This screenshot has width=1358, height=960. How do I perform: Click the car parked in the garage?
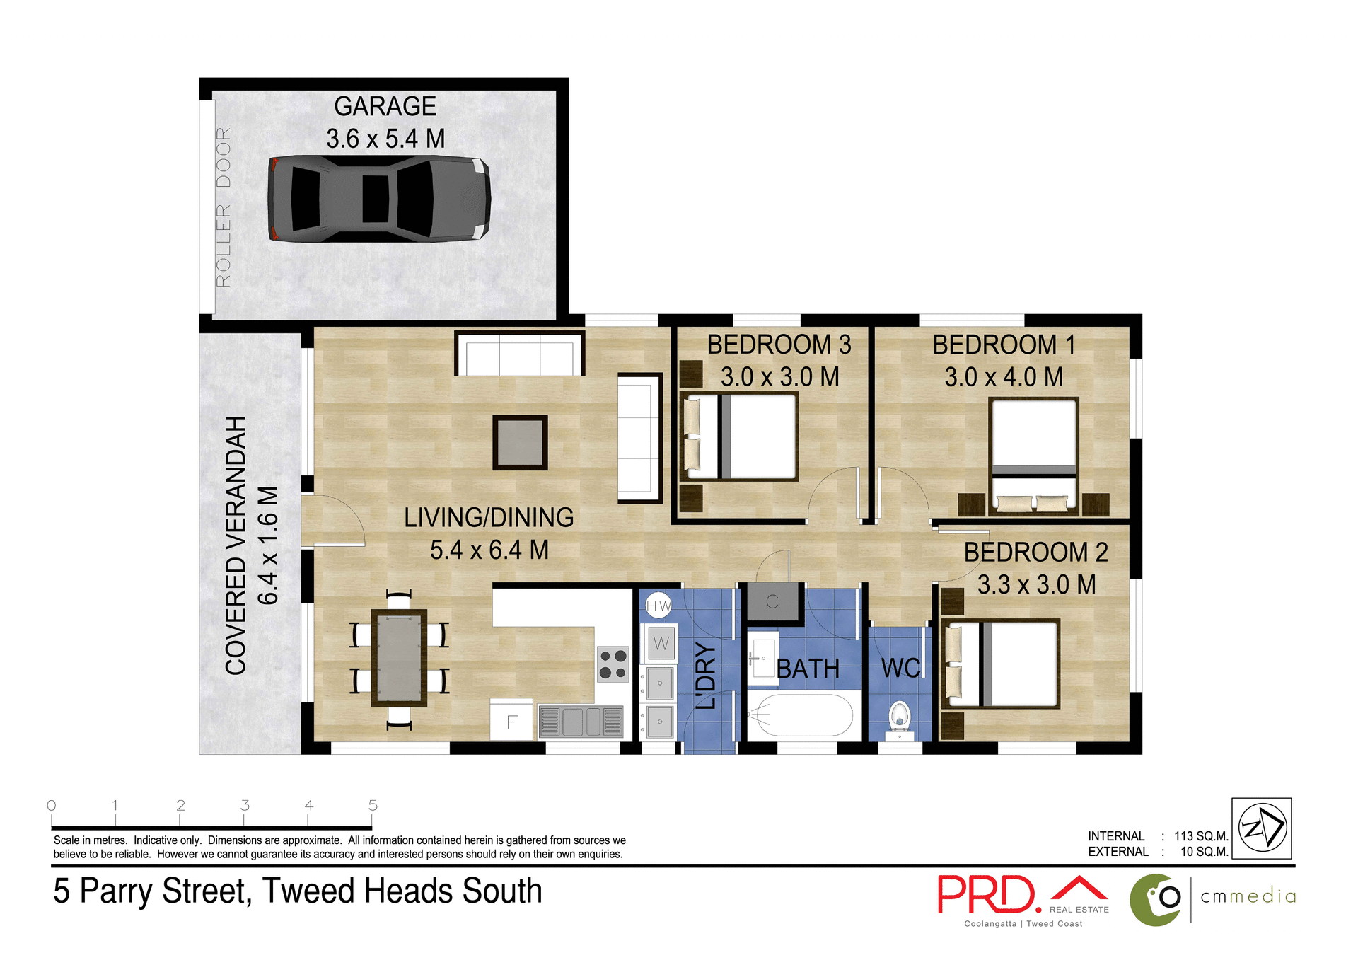coord(379,199)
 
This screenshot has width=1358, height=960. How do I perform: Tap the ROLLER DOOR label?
coord(224,207)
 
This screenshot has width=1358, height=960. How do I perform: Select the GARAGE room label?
coord(385,106)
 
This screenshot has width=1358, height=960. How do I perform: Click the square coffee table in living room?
coord(520,442)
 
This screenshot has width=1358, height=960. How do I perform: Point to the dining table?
coord(399,658)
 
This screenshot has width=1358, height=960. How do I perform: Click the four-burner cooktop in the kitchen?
coord(613,664)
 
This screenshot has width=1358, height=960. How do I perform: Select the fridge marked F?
coord(511,721)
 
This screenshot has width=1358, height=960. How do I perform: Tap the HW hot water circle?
coord(658,606)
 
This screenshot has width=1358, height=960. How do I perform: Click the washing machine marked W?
coord(661,643)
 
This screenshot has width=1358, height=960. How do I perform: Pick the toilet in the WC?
coord(899,717)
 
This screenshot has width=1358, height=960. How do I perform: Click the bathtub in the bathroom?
coord(801,716)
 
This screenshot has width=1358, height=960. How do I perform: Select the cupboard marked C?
coord(772,602)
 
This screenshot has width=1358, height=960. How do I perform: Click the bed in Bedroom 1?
coord(1033,453)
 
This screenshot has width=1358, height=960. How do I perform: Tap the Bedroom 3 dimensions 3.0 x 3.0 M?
coord(779,377)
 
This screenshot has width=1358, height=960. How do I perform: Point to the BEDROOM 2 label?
coord(1035,553)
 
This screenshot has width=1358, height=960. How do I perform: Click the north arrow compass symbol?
coord(1262,828)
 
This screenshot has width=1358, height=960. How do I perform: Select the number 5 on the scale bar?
coord(373,805)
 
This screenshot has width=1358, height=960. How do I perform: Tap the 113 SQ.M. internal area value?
coord(1201,836)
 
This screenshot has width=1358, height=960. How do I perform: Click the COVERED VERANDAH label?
coord(236,545)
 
